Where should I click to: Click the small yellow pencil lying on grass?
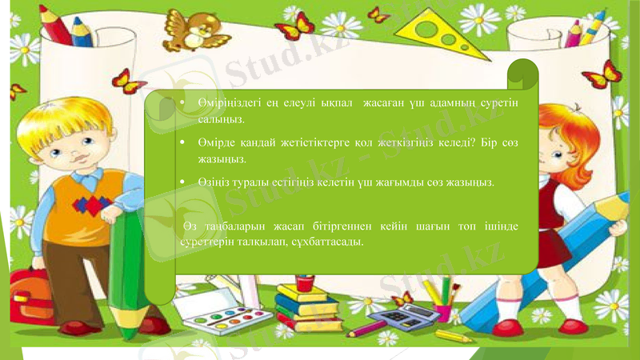pyautogui.click(x=456, y=334)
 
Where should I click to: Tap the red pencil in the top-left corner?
pyautogui.click(x=60, y=28)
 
